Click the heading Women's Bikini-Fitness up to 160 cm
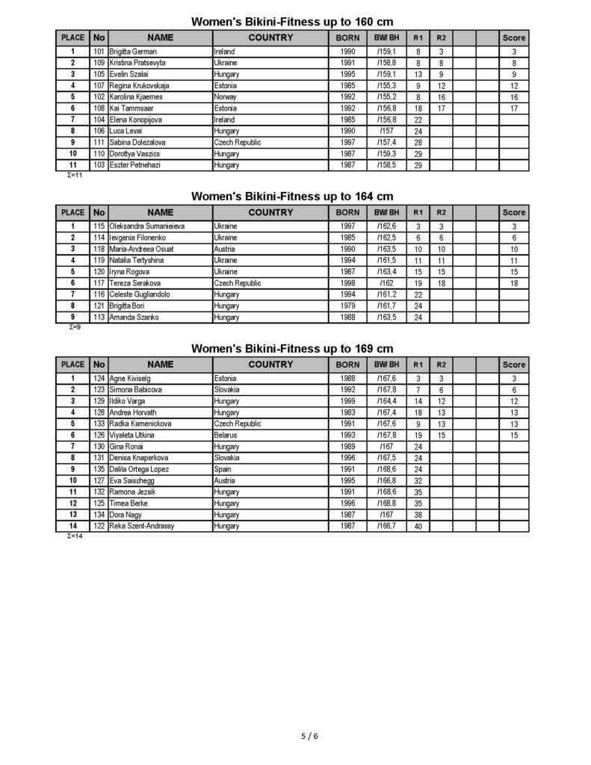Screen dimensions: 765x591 [x=292, y=22]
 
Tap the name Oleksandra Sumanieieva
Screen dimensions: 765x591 [x=147, y=226]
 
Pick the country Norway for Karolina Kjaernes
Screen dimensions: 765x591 [x=225, y=97]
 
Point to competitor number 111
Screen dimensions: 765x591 [x=99, y=142]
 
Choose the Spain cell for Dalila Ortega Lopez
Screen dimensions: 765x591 [x=223, y=469]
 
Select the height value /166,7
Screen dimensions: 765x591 [x=387, y=526]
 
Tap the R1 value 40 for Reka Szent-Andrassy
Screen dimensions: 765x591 [x=418, y=526]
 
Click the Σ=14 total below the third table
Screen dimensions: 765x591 [x=75, y=536]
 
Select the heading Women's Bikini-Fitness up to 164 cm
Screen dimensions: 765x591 [x=292, y=196]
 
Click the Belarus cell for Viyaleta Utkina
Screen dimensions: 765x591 [x=226, y=435]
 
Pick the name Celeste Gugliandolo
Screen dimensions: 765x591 [x=140, y=295]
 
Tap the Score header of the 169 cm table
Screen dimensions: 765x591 [x=513, y=365]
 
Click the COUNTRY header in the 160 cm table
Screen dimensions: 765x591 [x=270, y=37]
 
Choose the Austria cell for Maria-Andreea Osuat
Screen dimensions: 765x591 [x=224, y=249]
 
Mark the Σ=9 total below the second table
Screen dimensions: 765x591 [x=72, y=327]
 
